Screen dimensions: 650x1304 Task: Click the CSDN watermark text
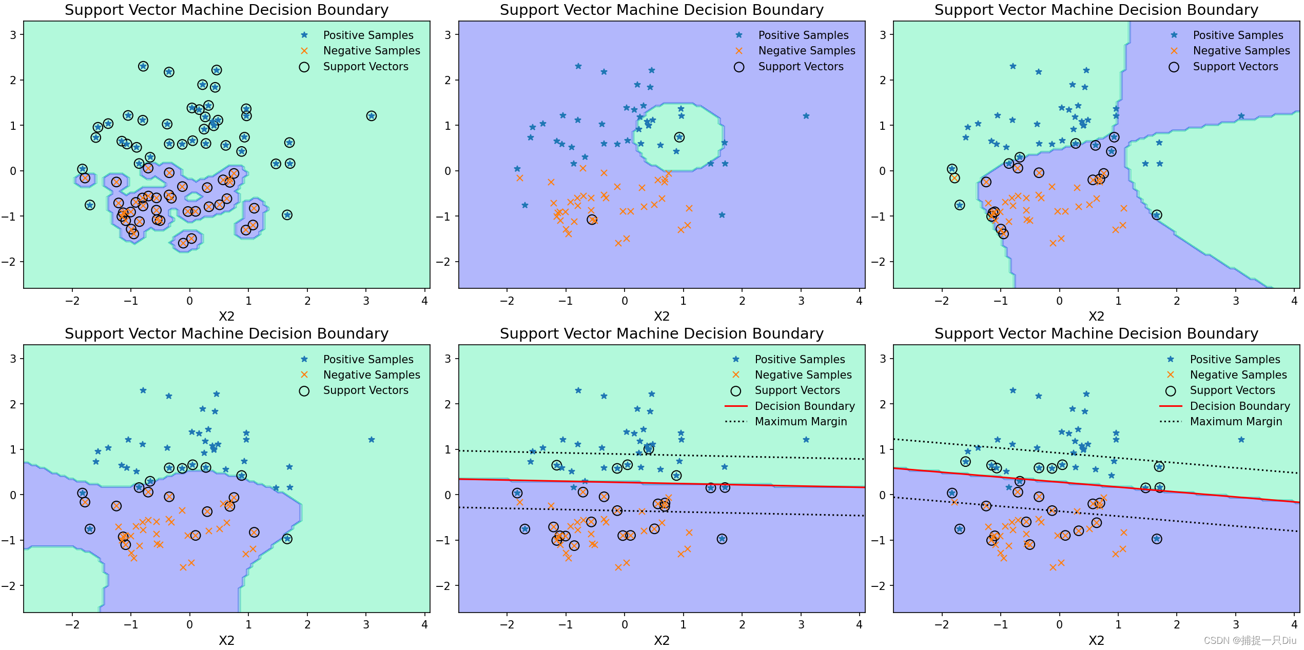(x=1250, y=640)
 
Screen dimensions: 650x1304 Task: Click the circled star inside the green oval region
(x=679, y=137)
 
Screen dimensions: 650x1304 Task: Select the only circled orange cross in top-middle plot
(x=592, y=220)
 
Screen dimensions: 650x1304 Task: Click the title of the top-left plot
(x=226, y=10)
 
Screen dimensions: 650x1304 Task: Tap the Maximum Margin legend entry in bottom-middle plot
(x=801, y=421)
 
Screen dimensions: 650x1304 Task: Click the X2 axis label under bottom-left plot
(x=226, y=640)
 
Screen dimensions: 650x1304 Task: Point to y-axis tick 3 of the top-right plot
(x=883, y=35)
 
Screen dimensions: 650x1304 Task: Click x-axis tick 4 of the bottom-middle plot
(x=860, y=624)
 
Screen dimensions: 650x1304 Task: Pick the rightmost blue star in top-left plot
(x=372, y=116)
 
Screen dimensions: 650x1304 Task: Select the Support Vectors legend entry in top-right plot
(x=1235, y=67)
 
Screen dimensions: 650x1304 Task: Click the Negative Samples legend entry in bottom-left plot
(x=371, y=375)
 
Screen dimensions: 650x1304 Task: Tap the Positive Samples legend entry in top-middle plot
(x=803, y=35)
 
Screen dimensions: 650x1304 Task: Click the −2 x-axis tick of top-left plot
(x=72, y=301)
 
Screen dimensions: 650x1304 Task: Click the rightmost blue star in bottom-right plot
(x=1241, y=440)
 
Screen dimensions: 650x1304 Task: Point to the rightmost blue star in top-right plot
(x=1241, y=116)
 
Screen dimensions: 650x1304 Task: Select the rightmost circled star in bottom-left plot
(x=287, y=539)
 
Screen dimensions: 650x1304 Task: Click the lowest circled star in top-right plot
(x=1157, y=215)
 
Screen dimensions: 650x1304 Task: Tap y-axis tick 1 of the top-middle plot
(x=448, y=126)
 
